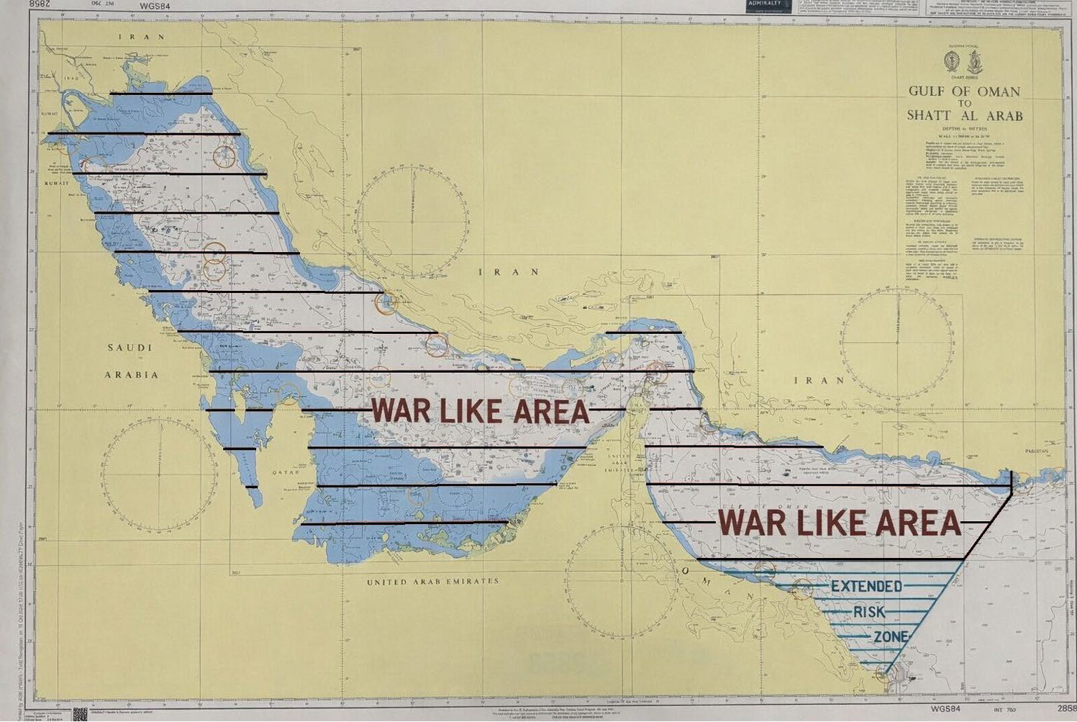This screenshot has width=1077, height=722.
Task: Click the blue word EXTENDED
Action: [866, 586]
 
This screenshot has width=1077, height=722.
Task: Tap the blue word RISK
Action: [869, 613]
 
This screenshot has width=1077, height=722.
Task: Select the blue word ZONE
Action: [891, 637]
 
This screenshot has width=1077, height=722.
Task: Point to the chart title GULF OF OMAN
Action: [964, 91]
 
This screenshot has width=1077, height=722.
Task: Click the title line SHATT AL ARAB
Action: [964, 115]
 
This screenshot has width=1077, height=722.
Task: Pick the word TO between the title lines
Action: [964, 103]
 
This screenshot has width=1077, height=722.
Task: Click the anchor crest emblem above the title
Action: [976, 63]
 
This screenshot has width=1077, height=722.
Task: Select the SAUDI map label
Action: [129, 348]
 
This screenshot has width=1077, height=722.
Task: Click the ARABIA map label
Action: [131, 375]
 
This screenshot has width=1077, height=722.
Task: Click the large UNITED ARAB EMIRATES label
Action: [432, 581]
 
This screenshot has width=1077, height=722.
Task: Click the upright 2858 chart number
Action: [1066, 708]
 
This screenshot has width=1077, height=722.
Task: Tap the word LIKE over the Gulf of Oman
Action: [838, 523]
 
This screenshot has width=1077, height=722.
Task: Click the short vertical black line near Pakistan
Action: [1012, 484]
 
